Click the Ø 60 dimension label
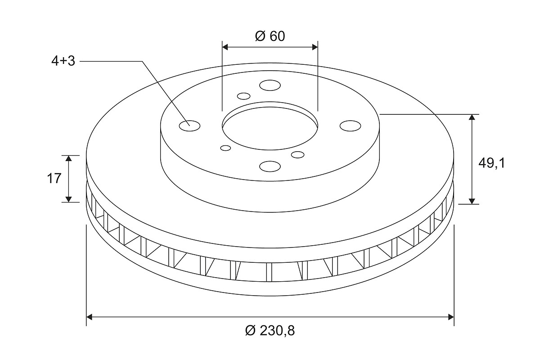[x=270, y=36]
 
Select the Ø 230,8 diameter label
[x=270, y=331]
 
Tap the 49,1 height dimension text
[x=491, y=163]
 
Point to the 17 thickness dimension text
[x=54, y=179]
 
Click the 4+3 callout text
[x=63, y=61]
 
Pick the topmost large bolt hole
[x=270, y=85]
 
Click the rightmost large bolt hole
[x=350, y=126]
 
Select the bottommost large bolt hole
[x=270, y=166]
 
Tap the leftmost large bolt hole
[x=190, y=126]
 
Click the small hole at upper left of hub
[x=244, y=96]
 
